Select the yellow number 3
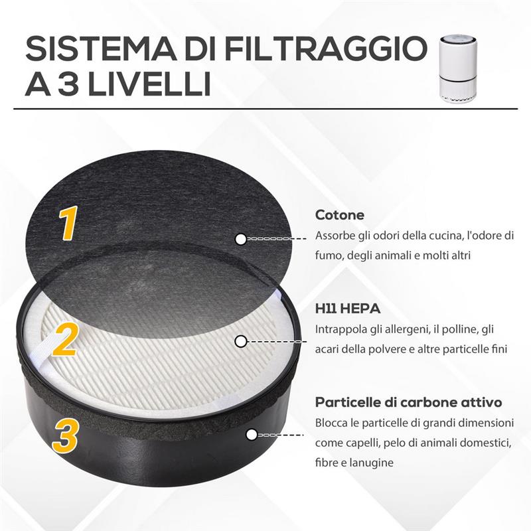66,434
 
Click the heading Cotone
339,215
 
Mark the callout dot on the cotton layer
241,238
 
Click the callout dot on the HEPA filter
241,341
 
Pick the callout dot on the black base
252,435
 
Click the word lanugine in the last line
374,463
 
